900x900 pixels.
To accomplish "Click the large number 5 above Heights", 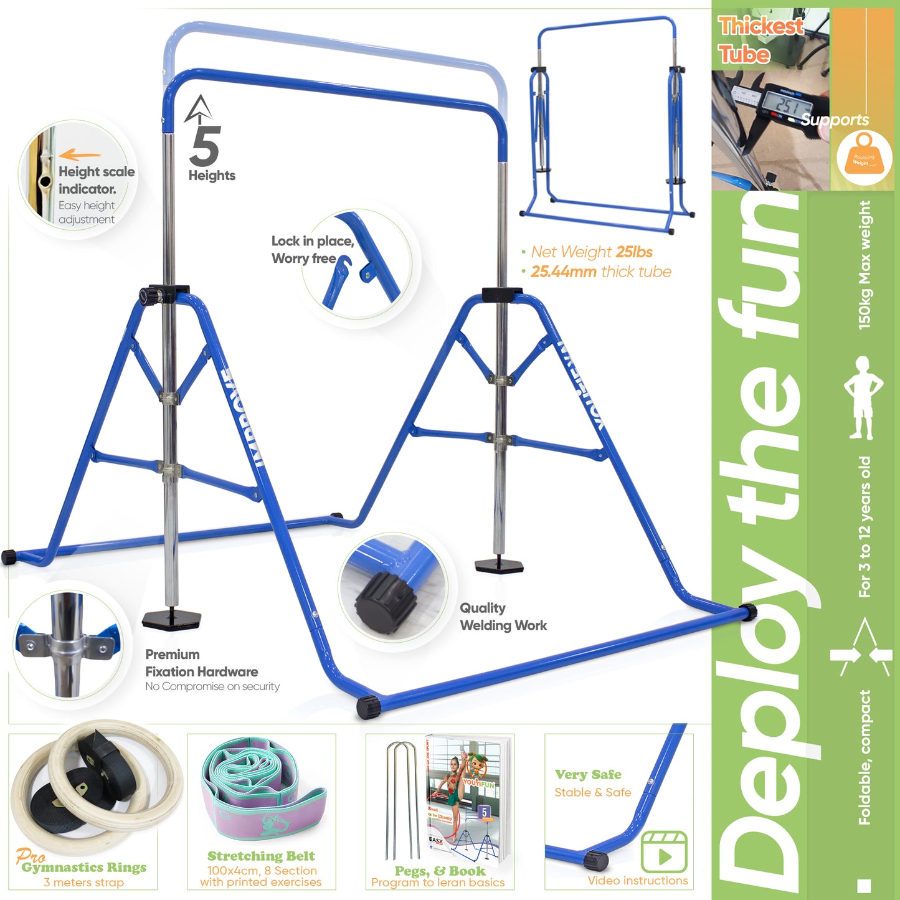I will coord(206,146).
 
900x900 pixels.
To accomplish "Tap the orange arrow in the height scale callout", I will coord(80,155).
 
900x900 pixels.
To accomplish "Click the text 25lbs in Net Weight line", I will coord(634,252).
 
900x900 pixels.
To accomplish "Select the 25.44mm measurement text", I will coord(563,272).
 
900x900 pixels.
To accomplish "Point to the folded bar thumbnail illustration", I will coord(607,125).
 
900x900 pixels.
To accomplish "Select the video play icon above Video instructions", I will coord(664,852).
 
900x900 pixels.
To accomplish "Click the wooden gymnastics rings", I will coord(87,785).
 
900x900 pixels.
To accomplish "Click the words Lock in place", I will coord(312,242).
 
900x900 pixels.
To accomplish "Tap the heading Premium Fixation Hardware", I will coord(201,663).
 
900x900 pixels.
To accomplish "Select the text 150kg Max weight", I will coord(864,265).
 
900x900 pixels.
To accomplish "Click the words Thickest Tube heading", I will coord(760,40).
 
